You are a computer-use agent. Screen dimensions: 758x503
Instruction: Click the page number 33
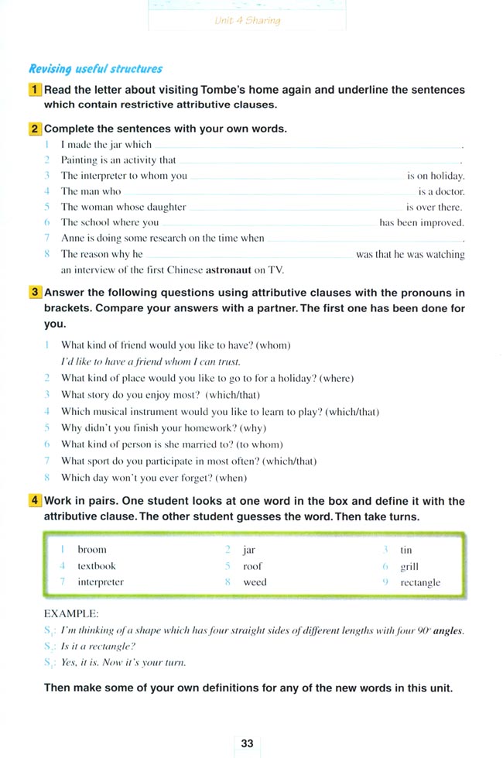pyautogui.click(x=247, y=743)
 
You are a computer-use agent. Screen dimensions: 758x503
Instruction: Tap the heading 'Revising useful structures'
pyautogui.click(x=96, y=69)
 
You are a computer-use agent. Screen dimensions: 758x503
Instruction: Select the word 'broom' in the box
pyautogui.click(x=92, y=550)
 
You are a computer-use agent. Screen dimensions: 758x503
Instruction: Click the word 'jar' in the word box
pyautogui.click(x=248, y=550)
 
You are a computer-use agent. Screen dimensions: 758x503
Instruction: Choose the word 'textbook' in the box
pyautogui.click(x=96, y=566)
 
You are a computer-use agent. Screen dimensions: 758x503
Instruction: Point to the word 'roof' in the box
pyautogui.click(x=252, y=566)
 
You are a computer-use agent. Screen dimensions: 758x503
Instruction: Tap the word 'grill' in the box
pyautogui.click(x=409, y=567)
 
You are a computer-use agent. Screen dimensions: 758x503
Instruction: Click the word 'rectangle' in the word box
pyautogui.click(x=420, y=582)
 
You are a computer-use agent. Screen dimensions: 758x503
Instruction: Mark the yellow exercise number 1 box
pyautogui.click(x=35, y=90)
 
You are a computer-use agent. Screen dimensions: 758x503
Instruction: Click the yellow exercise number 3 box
pyautogui.click(x=35, y=293)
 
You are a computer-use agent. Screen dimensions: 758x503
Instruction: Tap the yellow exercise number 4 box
pyautogui.click(x=35, y=501)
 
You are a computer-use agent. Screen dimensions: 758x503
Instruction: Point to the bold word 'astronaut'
pyautogui.click(x=229, y=270)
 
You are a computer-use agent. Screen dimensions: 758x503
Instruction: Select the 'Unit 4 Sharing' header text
pyautogui.click(x=247, y=21)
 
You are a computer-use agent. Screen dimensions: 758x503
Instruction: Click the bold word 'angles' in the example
pyautogui.click(x=448, y=630)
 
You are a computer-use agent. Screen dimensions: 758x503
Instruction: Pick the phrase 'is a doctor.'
pyautogui.click(x=441, y=191)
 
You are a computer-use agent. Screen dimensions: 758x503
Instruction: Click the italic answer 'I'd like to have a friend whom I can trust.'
pyautogui.click(x=151, y=362)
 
